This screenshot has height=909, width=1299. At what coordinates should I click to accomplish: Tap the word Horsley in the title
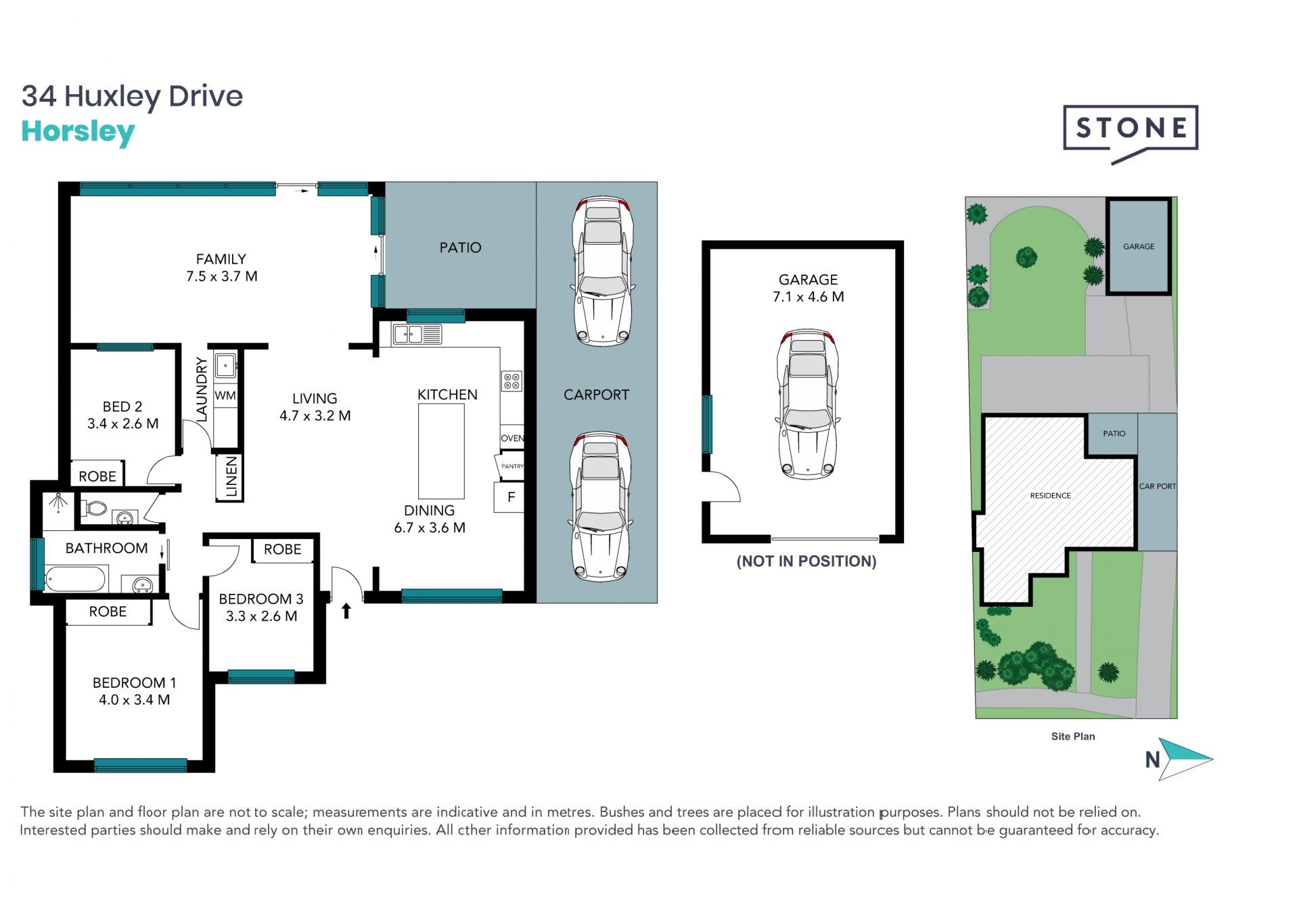[78, 131]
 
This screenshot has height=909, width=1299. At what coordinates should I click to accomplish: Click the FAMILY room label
[221, 259]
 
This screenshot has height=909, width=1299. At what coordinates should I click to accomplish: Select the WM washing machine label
[225, 396]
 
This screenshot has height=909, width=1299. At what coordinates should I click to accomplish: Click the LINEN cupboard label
[231, 477]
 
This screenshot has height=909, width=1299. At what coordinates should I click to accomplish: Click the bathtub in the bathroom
[75, 580]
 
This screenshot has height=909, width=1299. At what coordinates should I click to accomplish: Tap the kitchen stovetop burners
[511, 381]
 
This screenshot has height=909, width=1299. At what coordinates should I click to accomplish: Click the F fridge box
[511, 497]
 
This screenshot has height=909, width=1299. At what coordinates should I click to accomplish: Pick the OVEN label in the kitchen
[512, 438]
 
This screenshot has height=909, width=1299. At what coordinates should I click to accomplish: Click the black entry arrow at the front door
[346, 611]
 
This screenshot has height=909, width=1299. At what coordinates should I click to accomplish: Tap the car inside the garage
[807, 404]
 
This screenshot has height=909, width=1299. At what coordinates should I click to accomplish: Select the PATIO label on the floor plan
[460, 248]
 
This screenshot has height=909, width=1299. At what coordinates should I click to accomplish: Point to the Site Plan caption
[1073, 737]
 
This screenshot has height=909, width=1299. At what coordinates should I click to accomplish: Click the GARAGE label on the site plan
[1139, 246]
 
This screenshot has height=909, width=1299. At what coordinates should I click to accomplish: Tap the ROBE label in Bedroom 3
[283, 549]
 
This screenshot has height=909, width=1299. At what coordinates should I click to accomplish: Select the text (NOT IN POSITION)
[806, 561]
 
